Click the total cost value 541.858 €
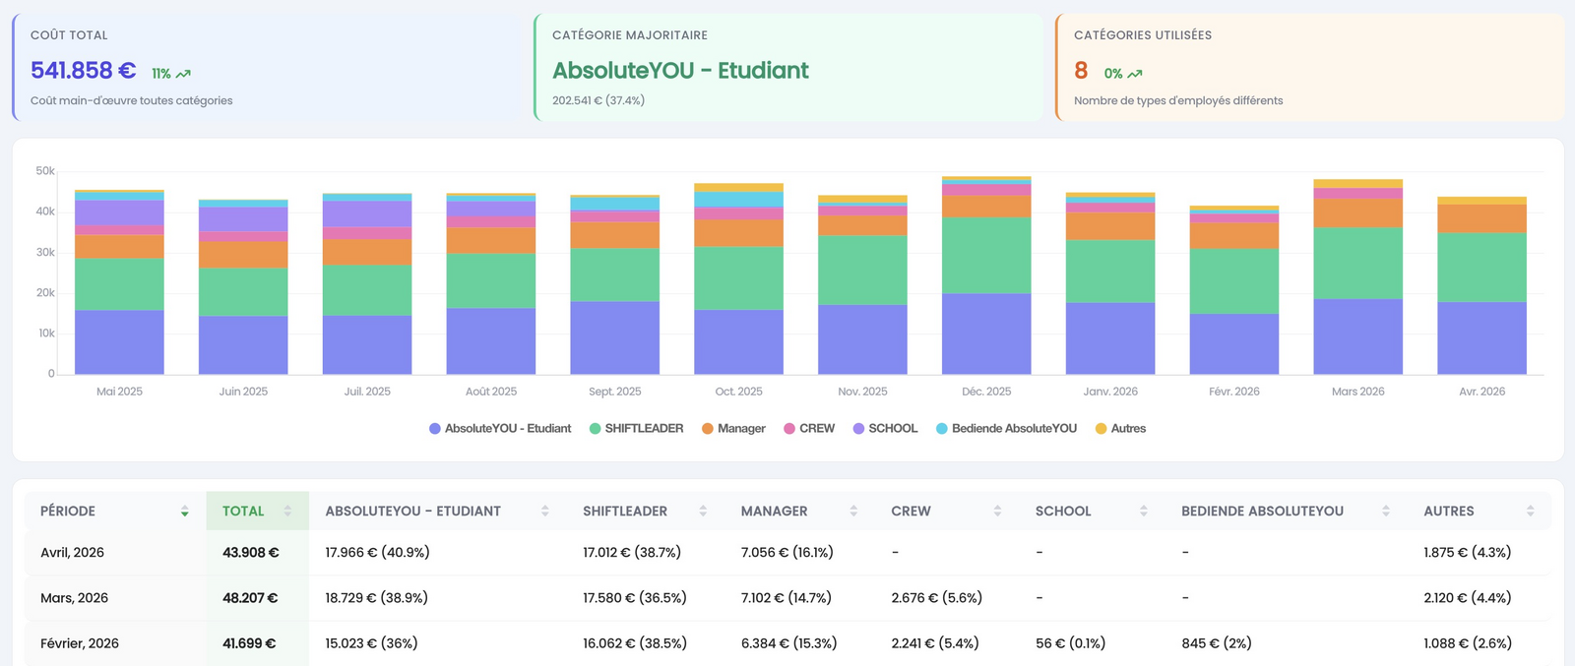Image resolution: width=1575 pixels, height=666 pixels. (x=83, y=70)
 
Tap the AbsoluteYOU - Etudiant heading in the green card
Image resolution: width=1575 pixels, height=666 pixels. (x=680, y=70)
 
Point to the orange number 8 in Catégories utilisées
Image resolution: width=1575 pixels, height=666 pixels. (x=1081, y=70)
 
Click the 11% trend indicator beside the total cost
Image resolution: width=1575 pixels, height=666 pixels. (x=171, y=74)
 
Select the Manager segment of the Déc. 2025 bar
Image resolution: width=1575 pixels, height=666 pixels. (x=985, y=206)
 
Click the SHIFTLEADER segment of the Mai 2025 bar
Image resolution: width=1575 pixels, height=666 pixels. (x=119, y=284)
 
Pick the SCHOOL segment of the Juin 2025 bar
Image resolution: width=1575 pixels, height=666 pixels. (x=242, y=219)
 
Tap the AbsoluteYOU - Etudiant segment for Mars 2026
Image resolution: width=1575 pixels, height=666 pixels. (x=1357, y=336)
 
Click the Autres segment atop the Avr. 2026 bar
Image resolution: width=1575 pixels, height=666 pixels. (x=1481, y=201)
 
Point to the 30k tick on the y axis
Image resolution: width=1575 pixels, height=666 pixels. (x=45, y=252)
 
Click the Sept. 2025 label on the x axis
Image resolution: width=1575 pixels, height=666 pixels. (x=614, y=392)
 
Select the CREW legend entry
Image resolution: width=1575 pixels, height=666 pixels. (x=809, y=429)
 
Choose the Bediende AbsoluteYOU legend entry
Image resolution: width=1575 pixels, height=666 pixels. (x=1006, y=429)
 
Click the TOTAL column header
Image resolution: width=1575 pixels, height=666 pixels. (x=243, y=511)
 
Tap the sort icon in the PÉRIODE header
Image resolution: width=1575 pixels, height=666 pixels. (x=184, y=512)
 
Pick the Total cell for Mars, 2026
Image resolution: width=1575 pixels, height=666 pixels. (x=250, y=598)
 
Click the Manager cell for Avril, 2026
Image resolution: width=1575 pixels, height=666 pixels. (x=787, y=552)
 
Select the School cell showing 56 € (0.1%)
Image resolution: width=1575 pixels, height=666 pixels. (x=1070, y=642)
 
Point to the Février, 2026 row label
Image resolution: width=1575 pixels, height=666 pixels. (x=80, y=642)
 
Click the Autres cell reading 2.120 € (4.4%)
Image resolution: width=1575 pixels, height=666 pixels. (x=1468, y=598)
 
